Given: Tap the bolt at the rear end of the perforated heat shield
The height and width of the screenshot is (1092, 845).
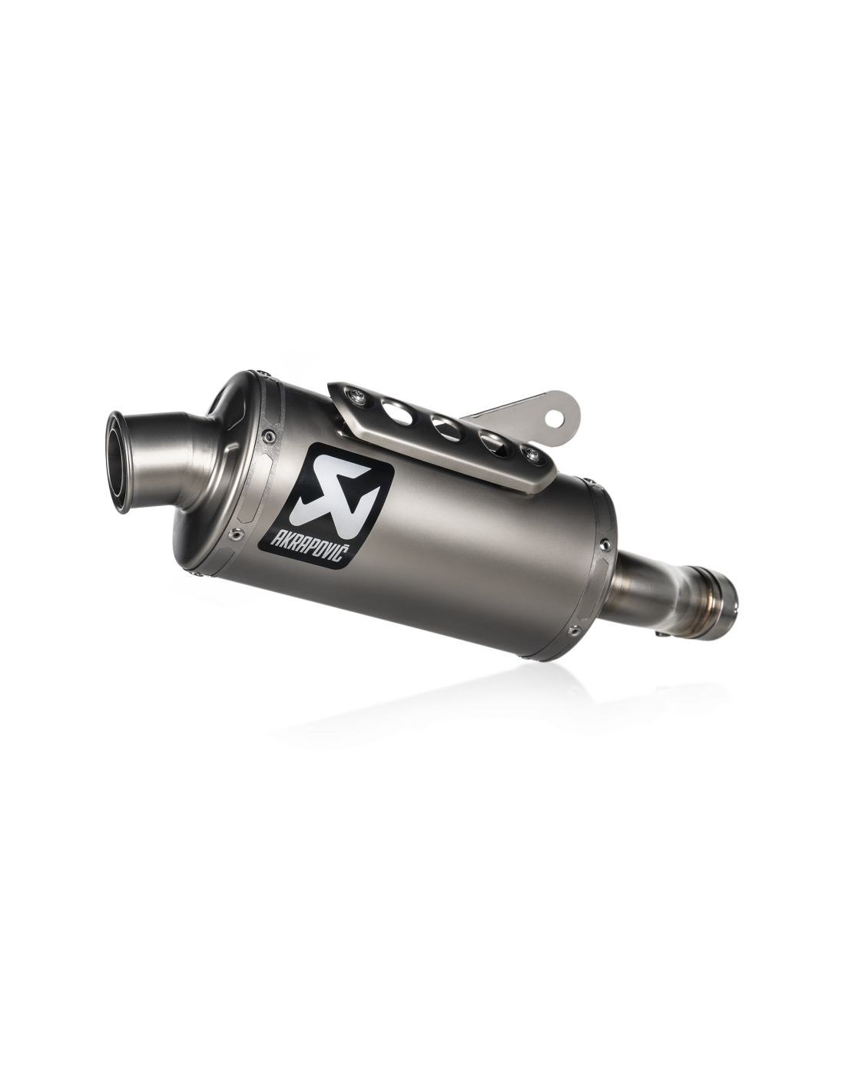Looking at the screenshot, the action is click(531, 455).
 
